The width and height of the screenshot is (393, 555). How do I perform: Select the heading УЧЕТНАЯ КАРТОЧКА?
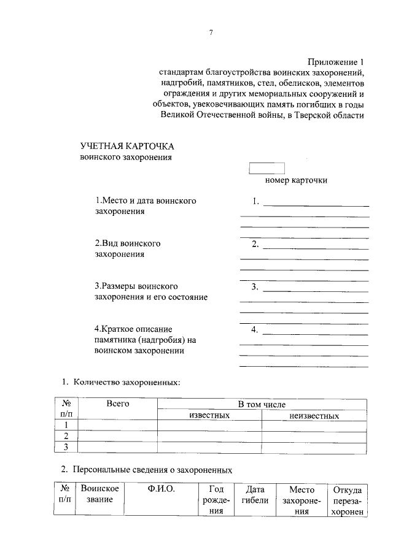coord(127,146)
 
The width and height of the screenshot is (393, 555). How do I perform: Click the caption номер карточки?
coord(296,180)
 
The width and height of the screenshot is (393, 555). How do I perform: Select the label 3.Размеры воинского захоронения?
coord(151,291)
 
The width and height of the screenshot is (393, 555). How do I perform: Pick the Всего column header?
coord(117,405)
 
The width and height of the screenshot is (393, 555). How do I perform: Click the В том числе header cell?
coord(262,405)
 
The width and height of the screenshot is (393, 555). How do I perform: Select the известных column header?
coord(209,415)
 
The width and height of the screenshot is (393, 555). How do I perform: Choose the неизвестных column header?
coord(314,415)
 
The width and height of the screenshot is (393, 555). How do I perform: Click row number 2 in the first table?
coord(66,436)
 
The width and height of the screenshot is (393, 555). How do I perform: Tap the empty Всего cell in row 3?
coord(117,447)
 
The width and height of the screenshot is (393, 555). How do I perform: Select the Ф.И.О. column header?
coord(161,489)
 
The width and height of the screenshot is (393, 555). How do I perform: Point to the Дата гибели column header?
coord(254,495)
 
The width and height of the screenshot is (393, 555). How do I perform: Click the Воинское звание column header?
coord(99,495)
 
